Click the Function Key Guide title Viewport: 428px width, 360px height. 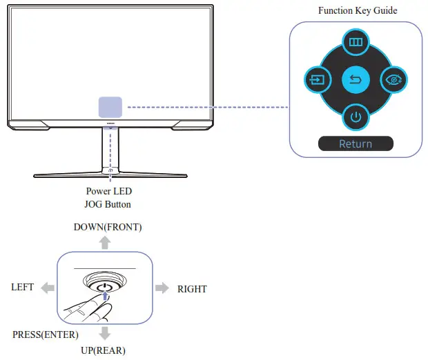(x=358, y=11)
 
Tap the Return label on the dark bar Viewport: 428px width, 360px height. (x=356, y=144)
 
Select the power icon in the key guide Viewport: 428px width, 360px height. (x=356, y=117)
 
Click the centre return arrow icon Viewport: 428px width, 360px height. (x=356, y=81)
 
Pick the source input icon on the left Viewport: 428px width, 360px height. (x=316, y=81)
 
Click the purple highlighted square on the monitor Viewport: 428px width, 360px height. (x=110, y=107)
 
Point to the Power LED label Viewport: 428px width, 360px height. (x=108, y=192)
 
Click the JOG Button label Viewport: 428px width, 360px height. (x=108, y=204)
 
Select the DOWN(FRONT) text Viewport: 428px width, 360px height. (x=103, y=228)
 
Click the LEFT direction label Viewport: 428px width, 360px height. (x=23, y=288)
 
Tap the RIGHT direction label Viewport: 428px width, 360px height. (x=192, y=289)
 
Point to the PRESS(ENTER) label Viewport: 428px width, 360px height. (x=46, y=335)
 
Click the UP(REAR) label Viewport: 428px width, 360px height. (x=103, y=350)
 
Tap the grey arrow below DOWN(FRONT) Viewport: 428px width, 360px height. (x=104, y=241)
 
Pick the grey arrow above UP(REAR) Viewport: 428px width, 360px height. (x=104, y=334)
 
